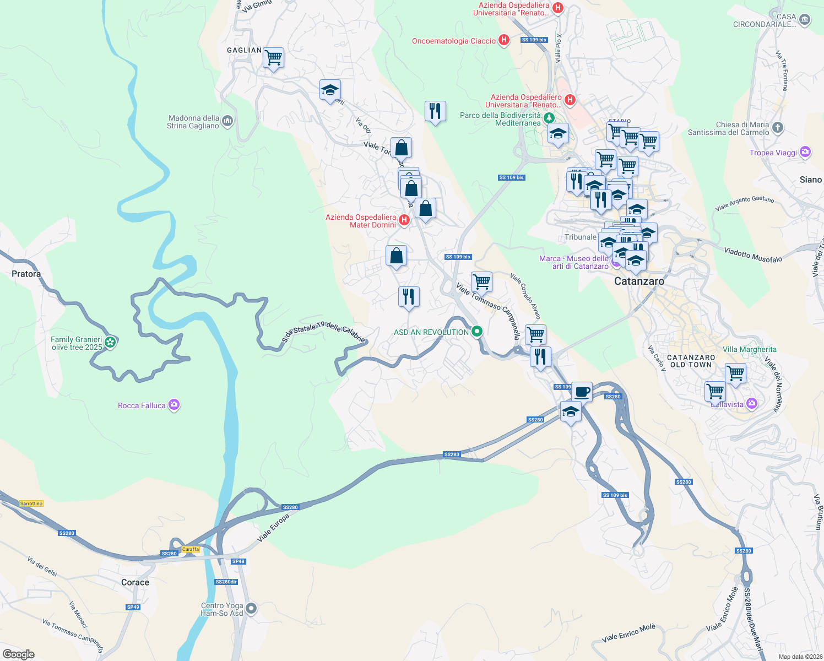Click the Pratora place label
(26, 274)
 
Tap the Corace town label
(135, 582)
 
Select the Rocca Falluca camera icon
(174, 405)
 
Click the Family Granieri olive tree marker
(110, 343)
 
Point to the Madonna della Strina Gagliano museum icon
(227, 121)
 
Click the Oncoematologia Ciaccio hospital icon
(503, 40)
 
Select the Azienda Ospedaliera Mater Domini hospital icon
(404, 220)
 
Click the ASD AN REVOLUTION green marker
(477, 332)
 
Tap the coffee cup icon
(582, 392)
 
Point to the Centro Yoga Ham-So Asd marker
(251, 609)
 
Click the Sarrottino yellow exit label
(31, 503)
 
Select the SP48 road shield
(238, 561)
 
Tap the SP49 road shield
(133, 607)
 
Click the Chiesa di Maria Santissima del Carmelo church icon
(777, 128)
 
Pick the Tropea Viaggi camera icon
(805, 152)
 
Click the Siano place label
(810, 180)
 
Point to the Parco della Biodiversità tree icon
(549, 118)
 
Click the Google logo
(19, 654)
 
